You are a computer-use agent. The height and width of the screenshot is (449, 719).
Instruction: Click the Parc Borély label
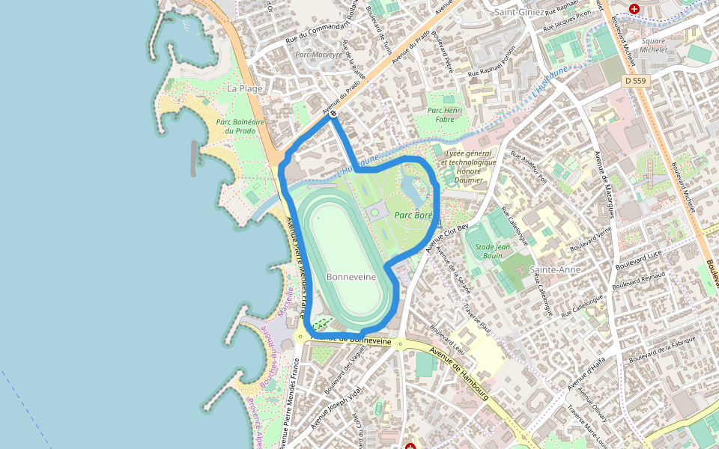(413, 215)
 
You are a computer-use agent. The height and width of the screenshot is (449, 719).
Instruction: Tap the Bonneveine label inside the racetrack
(351, 277)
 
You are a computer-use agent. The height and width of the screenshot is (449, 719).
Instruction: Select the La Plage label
(245, 88)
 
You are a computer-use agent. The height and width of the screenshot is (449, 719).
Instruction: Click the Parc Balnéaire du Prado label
(235, 126)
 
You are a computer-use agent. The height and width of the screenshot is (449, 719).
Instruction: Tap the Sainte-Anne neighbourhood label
(555, 269)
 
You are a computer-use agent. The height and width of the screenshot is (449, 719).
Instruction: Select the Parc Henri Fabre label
(445, 114)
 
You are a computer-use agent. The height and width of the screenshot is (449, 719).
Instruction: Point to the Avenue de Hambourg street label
(459, 372)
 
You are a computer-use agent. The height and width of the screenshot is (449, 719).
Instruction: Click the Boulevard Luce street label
(639, 261)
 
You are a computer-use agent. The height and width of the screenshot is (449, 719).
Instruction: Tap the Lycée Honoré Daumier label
(469, 166)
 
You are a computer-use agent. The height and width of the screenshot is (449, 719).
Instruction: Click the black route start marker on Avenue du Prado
(333, 114)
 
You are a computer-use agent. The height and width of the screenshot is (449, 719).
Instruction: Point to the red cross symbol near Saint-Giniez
(634, 9)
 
